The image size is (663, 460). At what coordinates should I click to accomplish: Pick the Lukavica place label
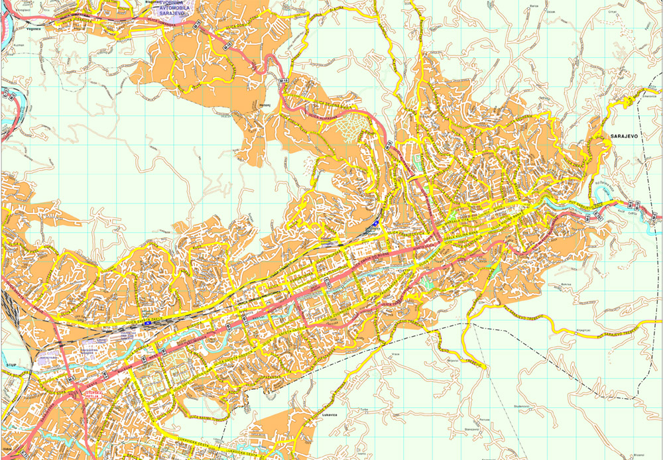point(330,415)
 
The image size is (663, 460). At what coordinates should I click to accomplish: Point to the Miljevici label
point(453,360)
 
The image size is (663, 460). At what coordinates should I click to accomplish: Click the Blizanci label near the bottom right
point(638,455)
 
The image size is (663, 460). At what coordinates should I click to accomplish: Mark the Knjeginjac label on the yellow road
point(564,329)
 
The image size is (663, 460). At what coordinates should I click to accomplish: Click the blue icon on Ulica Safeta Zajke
point(377,223)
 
